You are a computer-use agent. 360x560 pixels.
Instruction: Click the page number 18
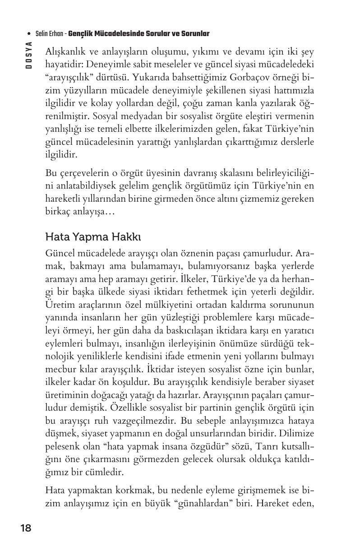tap(26, 528)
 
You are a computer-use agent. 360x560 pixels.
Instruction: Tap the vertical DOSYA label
tap(29, 55)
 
